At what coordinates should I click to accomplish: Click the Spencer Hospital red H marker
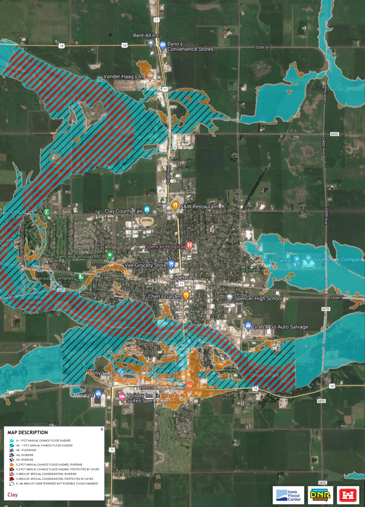pos(190,245)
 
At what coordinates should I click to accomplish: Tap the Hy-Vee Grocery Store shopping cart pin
pos(171,264)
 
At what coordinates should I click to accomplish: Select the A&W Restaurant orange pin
pos(175,206)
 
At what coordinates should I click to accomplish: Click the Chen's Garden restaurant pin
pos(186,295)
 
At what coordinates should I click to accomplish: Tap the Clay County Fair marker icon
pos(147,210)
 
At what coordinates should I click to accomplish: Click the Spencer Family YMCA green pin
pos(109,255)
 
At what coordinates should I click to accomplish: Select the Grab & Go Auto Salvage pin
pos(248,326)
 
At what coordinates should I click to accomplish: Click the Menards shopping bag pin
pos(98,393)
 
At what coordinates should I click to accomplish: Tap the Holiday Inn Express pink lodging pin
pos(122,396)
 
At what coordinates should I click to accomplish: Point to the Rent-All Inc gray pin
pos(151,43)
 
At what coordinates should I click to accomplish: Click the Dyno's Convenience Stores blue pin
pos(163,45)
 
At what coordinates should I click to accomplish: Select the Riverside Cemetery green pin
pos(81,277)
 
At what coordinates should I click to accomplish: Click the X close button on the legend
pos(102,429)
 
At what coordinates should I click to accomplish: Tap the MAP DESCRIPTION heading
pos(28,432)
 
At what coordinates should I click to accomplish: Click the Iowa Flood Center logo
pos(288,495)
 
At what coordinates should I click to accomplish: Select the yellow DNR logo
pos(320,495)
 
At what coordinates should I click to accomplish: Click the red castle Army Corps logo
pos(348,495)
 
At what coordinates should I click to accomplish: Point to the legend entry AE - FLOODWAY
pos(26,450)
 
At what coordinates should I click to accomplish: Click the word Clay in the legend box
pos(12,495)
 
